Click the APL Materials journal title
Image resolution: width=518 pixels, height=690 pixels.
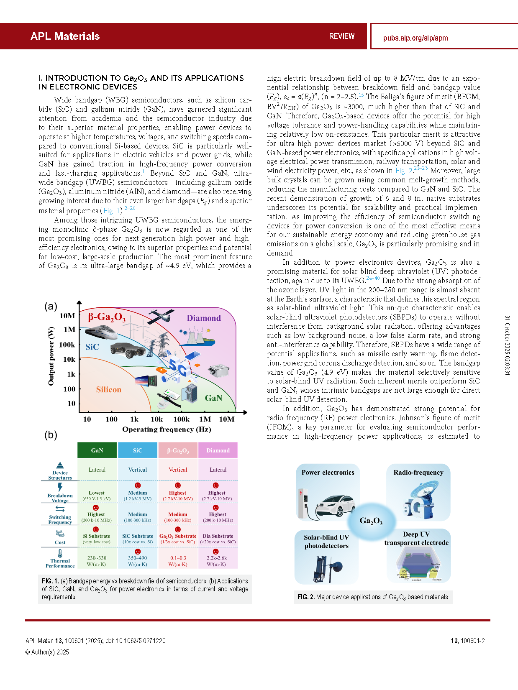(x=65, y=36)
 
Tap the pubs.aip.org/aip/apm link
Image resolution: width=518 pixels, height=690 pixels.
(x=415, y=38)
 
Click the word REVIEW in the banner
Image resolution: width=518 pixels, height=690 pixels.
(x=341, y=36)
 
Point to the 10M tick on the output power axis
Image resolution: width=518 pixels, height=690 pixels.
(x=67, y=316)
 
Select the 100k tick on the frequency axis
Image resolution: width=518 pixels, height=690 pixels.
(x=181, y=419)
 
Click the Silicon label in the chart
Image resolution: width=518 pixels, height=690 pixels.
(x=108, y=390)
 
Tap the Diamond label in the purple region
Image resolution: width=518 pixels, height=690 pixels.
(x=204, y=318)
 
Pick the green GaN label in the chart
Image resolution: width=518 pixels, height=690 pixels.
(x=213, y=398)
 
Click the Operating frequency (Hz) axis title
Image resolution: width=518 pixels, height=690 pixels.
(x=167, y=429)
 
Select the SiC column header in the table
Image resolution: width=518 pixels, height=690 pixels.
(x=138, y=450)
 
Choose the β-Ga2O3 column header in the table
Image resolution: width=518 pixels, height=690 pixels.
(x=178, y=450)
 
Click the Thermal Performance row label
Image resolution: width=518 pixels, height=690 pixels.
(x=60, y=563)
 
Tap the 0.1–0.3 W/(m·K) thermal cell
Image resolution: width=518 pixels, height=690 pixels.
(x=178, y=561)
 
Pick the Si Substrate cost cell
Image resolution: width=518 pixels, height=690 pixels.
(x=97, y=538)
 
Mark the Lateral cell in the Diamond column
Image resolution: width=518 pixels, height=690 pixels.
(x=218, y=470)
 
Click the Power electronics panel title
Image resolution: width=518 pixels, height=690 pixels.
(x=328, y=473)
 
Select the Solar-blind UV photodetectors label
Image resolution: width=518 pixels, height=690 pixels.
(x=326, y=542)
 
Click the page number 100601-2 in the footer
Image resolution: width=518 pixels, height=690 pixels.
(x=468, y=641)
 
